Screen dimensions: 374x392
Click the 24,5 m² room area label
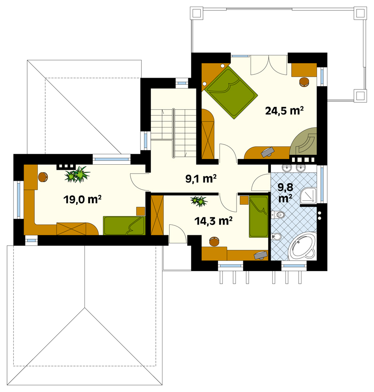tap(284, 111)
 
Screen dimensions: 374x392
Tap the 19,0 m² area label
tap(82, 200)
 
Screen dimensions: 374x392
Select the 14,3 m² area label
tap(213, 221)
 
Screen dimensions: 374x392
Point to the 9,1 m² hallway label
tap(201, 179)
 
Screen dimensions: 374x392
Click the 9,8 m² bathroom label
tap(285, 193)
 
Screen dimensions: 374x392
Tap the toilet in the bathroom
tap(278, 215)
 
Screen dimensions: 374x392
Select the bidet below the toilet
tap(276, 237)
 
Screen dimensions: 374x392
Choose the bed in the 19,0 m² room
tap(124, 226)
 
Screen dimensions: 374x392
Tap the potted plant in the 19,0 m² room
tap(77, 174)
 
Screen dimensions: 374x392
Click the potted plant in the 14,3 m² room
tap(199, 200)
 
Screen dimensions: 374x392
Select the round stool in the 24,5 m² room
tap(304, 82)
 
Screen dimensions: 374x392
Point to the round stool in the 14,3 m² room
tap(214, 241)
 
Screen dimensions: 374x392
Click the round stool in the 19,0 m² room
tap(43, 177)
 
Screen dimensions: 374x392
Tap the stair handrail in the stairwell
tap(173, 133)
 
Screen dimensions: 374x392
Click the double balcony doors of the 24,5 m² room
tap(268, 65)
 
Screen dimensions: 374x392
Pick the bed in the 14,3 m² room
tap(259, 216)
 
